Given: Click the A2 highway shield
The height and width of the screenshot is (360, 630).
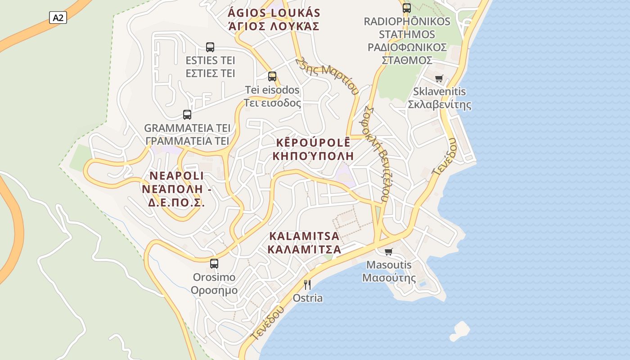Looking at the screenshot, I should click(58, 18).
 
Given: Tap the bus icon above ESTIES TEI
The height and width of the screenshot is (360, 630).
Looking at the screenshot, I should click(210, 47).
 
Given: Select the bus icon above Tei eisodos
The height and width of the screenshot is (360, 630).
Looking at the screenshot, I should click(272, 76).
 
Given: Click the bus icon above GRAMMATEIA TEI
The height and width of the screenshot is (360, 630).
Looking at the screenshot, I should click(187, 114).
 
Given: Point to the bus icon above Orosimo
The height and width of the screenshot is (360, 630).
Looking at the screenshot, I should click(214, 263).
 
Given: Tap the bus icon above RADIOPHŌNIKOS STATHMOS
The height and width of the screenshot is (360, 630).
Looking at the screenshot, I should click(407, 8).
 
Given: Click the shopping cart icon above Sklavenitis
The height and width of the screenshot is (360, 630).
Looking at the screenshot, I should click(439, 78).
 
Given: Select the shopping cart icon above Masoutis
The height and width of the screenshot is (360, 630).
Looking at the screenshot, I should click(389, 252).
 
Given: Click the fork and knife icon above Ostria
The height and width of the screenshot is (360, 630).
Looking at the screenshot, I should click(307, 284).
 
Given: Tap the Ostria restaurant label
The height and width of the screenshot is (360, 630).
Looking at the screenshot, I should click(308, 298).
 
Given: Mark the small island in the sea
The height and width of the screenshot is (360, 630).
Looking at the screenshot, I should click(459, 331).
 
